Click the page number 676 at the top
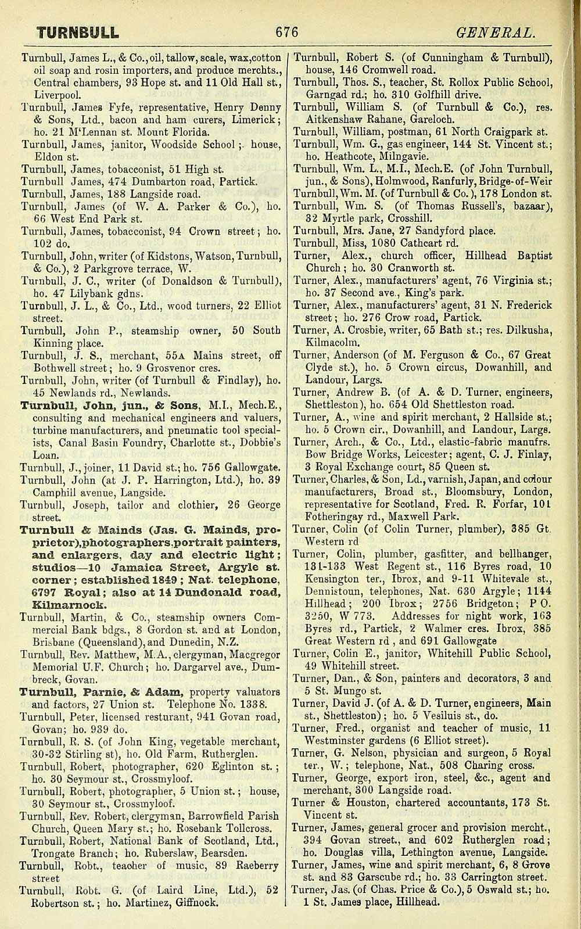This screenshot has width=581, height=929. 286,33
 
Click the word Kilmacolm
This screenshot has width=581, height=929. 328,343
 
